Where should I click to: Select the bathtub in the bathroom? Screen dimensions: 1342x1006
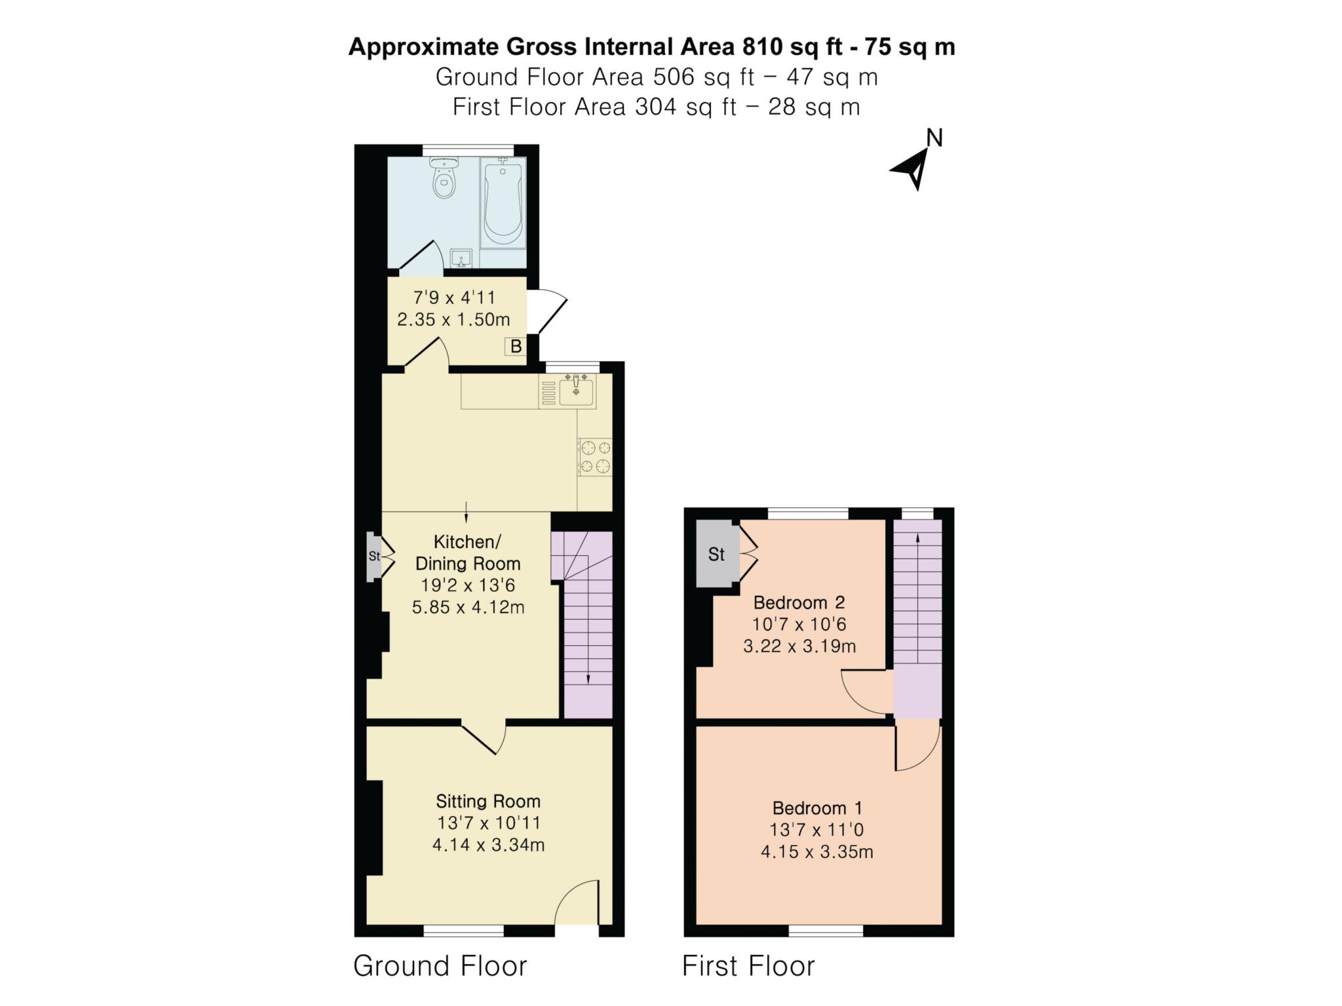tap(503, 202)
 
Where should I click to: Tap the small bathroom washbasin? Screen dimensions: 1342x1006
tap(462, 258)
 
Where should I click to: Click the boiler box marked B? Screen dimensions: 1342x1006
tap(516, 346)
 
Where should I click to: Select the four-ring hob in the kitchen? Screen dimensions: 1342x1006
tap(595, 457)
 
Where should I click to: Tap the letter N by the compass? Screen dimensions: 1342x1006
tap(934, 138)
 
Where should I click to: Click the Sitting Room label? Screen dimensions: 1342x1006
tap(488, 801)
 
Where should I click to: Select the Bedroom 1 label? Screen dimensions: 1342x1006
tap(817, 808)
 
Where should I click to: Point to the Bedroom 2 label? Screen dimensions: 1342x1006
tap(799, 602)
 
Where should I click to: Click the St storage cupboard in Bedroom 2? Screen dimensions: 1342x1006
tap(717, 554)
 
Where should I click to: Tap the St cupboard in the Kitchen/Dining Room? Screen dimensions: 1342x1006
tap(374, 557)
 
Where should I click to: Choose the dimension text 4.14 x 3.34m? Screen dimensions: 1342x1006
tap(488, 845)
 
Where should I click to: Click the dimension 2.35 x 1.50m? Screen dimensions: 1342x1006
tap(453, 320)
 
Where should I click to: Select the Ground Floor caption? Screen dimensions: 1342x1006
tap(440, 966)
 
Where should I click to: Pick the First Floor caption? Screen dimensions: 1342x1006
tap(748, 966)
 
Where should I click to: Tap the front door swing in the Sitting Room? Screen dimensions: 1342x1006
tap(577, 902)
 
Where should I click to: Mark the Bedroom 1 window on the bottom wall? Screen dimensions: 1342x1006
tap(826, 930)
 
